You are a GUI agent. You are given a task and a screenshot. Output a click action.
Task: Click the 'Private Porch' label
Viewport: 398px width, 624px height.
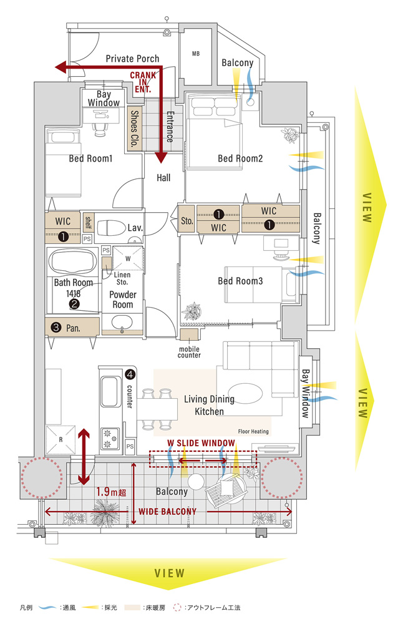(132, 59)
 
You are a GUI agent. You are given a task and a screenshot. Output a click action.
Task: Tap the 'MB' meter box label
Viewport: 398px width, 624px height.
(195, 54)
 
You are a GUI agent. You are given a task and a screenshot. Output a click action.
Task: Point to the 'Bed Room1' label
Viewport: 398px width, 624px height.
(90, 159)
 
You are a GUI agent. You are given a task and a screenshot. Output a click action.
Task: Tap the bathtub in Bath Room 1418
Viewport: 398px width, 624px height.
(72, 262)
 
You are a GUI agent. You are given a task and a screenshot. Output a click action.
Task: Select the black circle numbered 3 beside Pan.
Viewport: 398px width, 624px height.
(55, 326)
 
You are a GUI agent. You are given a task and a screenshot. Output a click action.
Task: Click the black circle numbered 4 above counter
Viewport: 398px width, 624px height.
(130, 375)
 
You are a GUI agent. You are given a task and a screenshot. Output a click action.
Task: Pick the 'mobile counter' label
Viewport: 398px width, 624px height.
(189, 352)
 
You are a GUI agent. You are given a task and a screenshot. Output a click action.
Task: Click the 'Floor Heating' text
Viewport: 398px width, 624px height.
(253, 431)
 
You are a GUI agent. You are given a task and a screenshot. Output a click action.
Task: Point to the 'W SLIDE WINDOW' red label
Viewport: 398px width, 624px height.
(201, 443)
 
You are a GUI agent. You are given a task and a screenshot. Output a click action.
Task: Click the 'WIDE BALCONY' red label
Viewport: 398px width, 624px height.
(167, 512)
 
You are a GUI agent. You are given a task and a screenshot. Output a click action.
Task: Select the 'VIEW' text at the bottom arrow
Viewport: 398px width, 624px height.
(169, 573)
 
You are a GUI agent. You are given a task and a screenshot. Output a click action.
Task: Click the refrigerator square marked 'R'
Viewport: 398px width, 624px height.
(61, 439)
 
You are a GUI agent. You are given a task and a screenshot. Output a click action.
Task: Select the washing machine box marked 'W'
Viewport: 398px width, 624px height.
(128, 257)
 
